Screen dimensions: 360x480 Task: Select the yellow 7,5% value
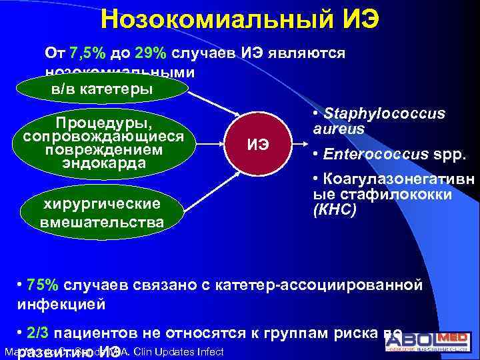(x=97, y=53)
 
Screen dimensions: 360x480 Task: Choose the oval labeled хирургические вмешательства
(x=102, y=213)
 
